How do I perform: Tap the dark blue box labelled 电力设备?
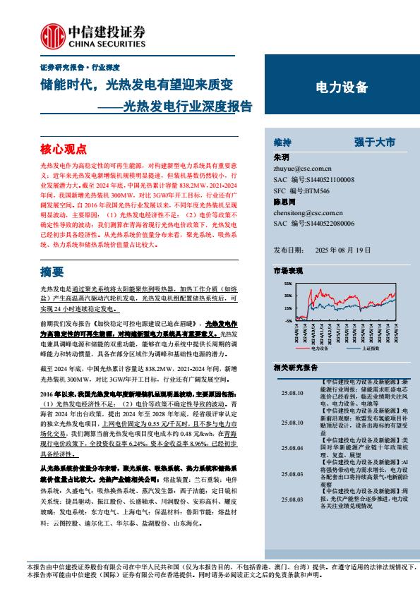pos(341,87)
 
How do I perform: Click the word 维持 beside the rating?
pos(282,141)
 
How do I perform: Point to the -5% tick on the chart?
pos(287,320)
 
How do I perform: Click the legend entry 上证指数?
pos(372,348)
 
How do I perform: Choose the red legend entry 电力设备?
pos(320,348)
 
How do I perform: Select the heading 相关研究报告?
pos(295,368)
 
